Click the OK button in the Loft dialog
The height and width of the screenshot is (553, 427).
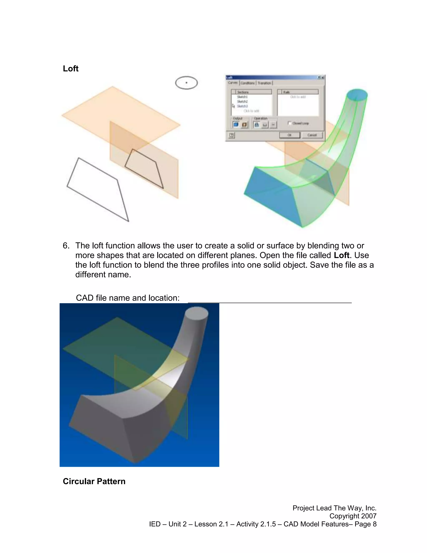click(x=289, y=135)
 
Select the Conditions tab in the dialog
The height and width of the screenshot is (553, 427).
click(x=248, y=83)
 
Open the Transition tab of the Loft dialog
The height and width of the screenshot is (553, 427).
click(x=264, y=83)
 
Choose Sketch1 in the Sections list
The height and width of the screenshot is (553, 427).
click(x=242, y=97)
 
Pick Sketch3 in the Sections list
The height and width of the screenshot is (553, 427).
click(x=242, y=106)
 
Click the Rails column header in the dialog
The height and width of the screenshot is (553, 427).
click(x=298, y=92)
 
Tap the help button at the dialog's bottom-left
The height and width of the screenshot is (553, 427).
click(x=231, y=135)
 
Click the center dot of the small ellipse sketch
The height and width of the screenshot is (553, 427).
click(x=186, y=83)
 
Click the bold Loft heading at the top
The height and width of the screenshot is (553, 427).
click(x=71, y=69)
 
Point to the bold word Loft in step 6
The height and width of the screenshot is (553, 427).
click(x=342, y=255)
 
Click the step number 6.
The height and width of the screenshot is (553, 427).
click(x=65, y=246)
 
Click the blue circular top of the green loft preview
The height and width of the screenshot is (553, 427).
click(x=357, y=95)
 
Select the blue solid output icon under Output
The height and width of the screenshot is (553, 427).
click(x=236, y=125)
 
